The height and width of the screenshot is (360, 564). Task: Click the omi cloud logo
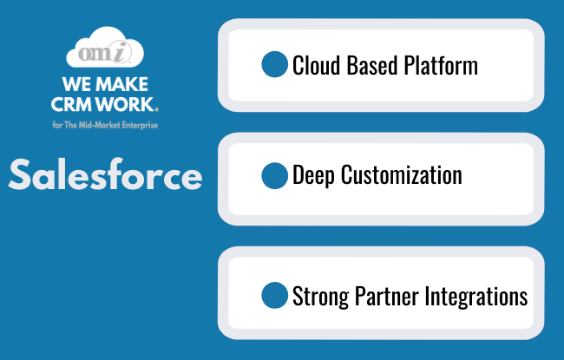pyautogui.click(x=105, y=47)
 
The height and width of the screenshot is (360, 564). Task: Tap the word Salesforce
pyautogui.click(x=105, y=174)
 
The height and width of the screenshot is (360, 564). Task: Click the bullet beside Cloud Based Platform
pyautogui.click(x=274, y=64)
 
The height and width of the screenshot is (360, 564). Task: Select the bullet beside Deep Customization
pyautogui.click(x=274, y=175)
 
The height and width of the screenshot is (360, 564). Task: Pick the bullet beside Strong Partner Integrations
pyautogui.click(x=274, y=295)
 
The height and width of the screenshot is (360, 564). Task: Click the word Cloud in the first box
pyautogui.click(x=316, y=65)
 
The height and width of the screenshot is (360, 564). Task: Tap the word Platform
pyautogui.click(x=441, y=65)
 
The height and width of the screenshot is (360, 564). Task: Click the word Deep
pyautogui.click(x=313, y=176)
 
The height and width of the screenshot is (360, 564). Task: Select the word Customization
pyautogui.click(x=402, y=174)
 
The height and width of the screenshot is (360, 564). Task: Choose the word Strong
pyautogui.click(x=320, y=297)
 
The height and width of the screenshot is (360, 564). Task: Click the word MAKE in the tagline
pyautogui.click(x=122, y=84)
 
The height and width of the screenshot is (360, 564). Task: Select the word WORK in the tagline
pyautogui.click(x=125, y=104)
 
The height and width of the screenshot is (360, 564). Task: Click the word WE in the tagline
pyautogui.click(x=77, y=84)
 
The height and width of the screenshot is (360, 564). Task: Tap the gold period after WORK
pyautogui.click(x=156, y=109)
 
